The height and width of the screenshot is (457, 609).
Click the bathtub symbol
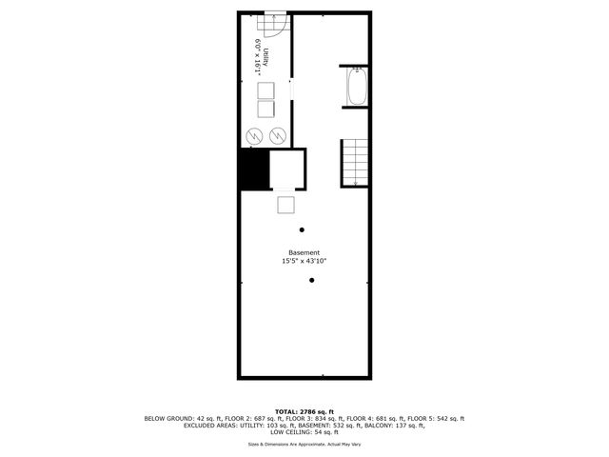click(358, 88)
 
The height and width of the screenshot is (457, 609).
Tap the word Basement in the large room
click(304, 252)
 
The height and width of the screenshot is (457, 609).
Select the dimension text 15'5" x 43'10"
click(304, 261)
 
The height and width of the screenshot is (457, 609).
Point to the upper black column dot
click(303, 228)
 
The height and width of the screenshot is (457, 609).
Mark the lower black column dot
click(312, 280)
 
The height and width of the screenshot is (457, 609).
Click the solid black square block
click(253, 170)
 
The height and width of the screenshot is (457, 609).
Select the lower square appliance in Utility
click(265, 109)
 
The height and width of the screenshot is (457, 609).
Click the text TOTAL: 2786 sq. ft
click(304, 410)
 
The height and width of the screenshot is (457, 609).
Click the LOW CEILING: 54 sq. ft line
click(304, 433)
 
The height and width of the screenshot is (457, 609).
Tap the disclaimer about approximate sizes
click(304, 445)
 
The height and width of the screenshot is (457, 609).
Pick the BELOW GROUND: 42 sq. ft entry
click(184, 418)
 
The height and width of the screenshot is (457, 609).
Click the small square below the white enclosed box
click(286, 205)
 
